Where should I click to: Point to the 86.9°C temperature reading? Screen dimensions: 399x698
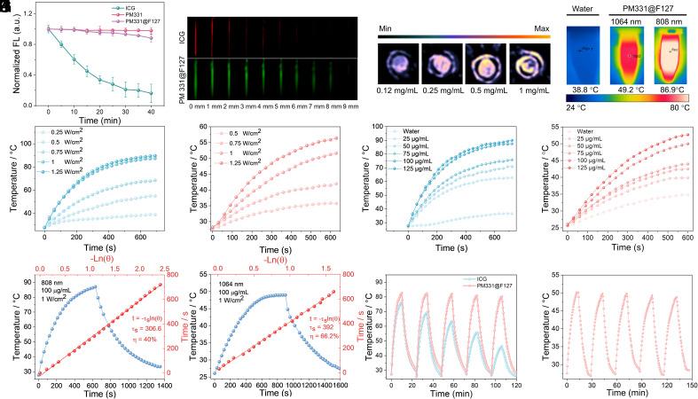pos(667,90)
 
